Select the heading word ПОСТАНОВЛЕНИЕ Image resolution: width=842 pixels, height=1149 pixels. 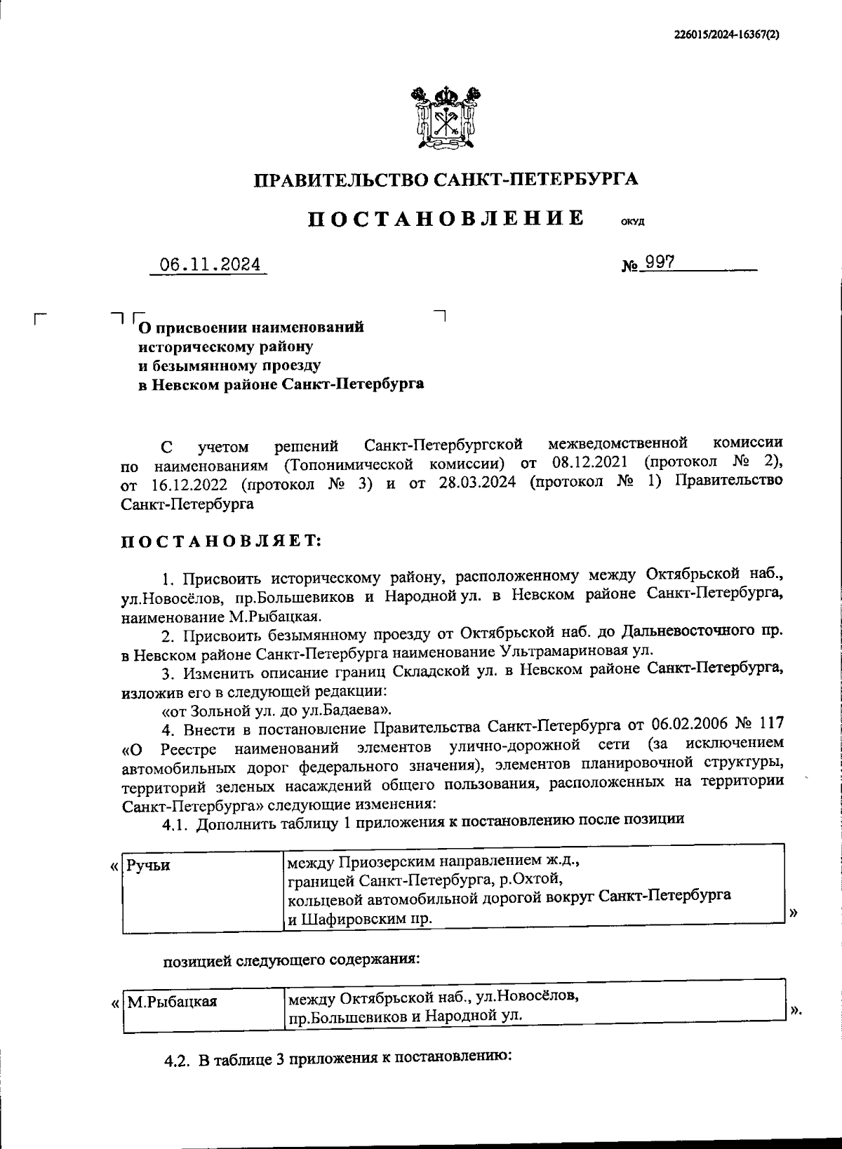point(446,218)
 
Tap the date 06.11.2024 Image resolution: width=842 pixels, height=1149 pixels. point(210,264)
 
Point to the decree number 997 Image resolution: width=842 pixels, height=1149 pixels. point(660,262)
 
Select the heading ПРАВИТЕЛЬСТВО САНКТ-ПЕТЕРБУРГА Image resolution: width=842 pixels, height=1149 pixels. point(446,180)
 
